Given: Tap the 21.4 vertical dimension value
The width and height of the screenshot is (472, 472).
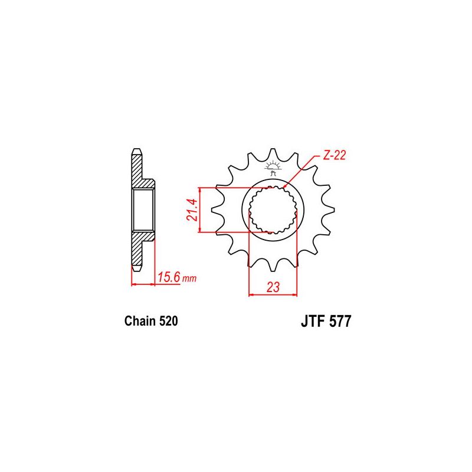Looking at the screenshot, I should [x=191, y=209].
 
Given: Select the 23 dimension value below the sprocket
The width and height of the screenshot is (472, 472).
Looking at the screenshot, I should [x=273, y=288].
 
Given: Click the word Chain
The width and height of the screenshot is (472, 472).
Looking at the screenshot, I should [x=140, y=322].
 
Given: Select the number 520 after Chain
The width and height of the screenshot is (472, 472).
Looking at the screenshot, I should [x=168, y=322].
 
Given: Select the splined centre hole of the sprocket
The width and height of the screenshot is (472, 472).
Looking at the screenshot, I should [x=272, y=209].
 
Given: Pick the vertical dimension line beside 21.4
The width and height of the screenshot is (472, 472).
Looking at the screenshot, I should [x=201, y=209].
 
